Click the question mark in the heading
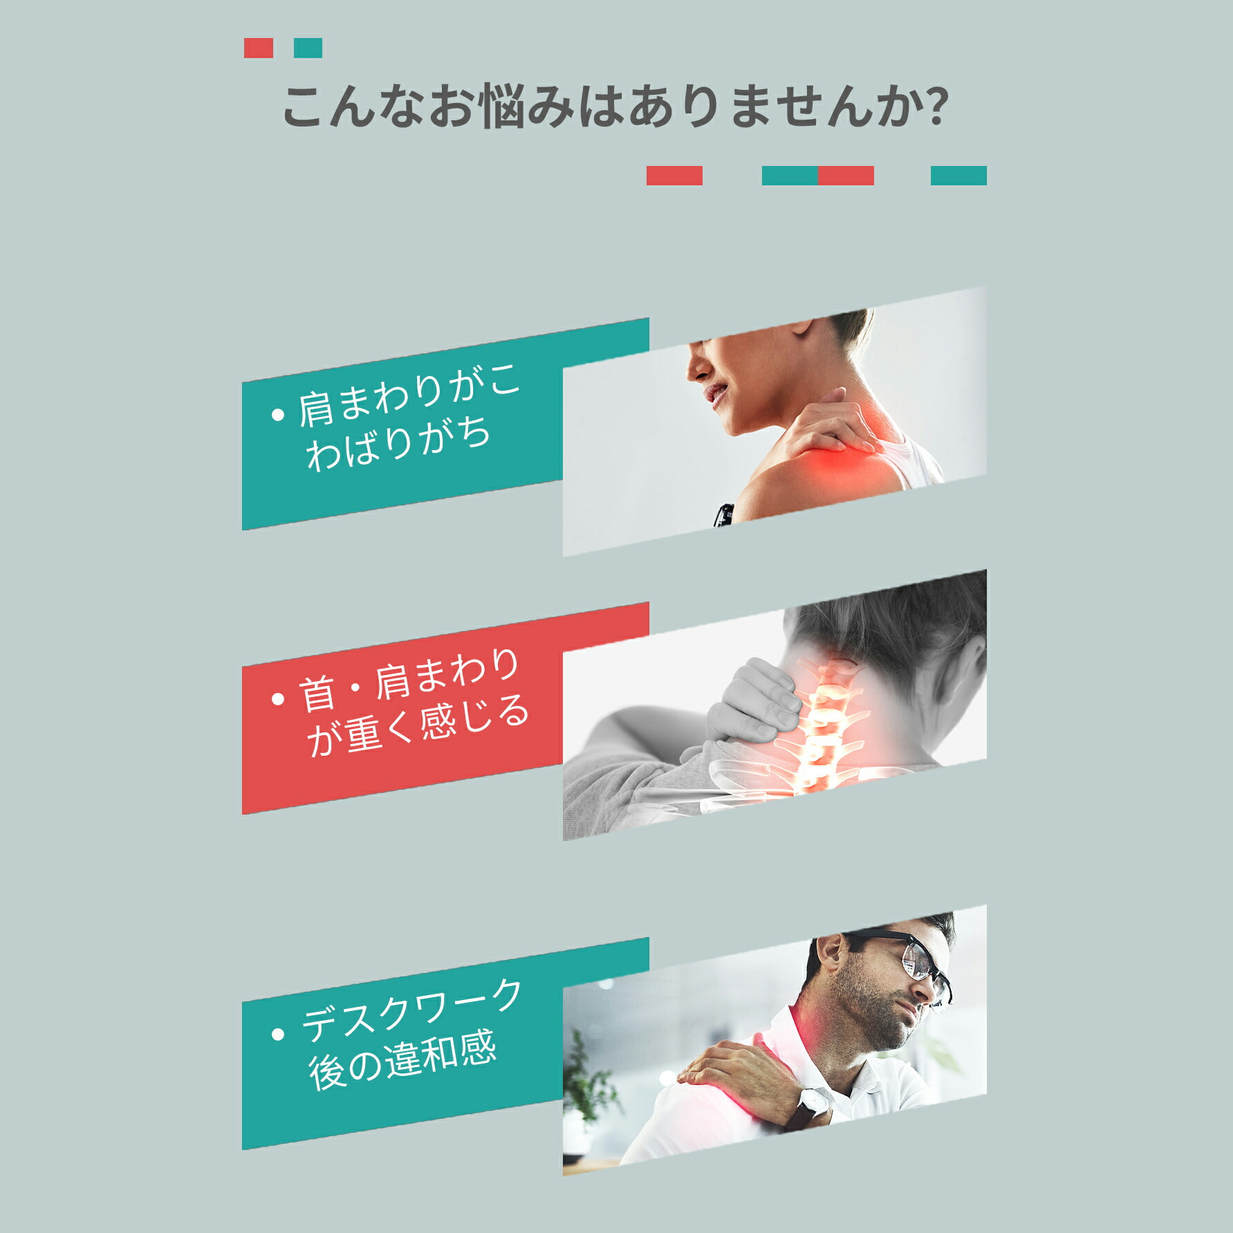(935, 106)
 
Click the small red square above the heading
(259, 48)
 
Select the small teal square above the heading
(308, 48)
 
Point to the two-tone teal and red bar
(818, 176)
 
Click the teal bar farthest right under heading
(958, 176)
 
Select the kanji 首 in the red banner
(317, 692)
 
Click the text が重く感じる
(418, 726)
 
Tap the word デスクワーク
(411, 1010)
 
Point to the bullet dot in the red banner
(278, 699)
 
